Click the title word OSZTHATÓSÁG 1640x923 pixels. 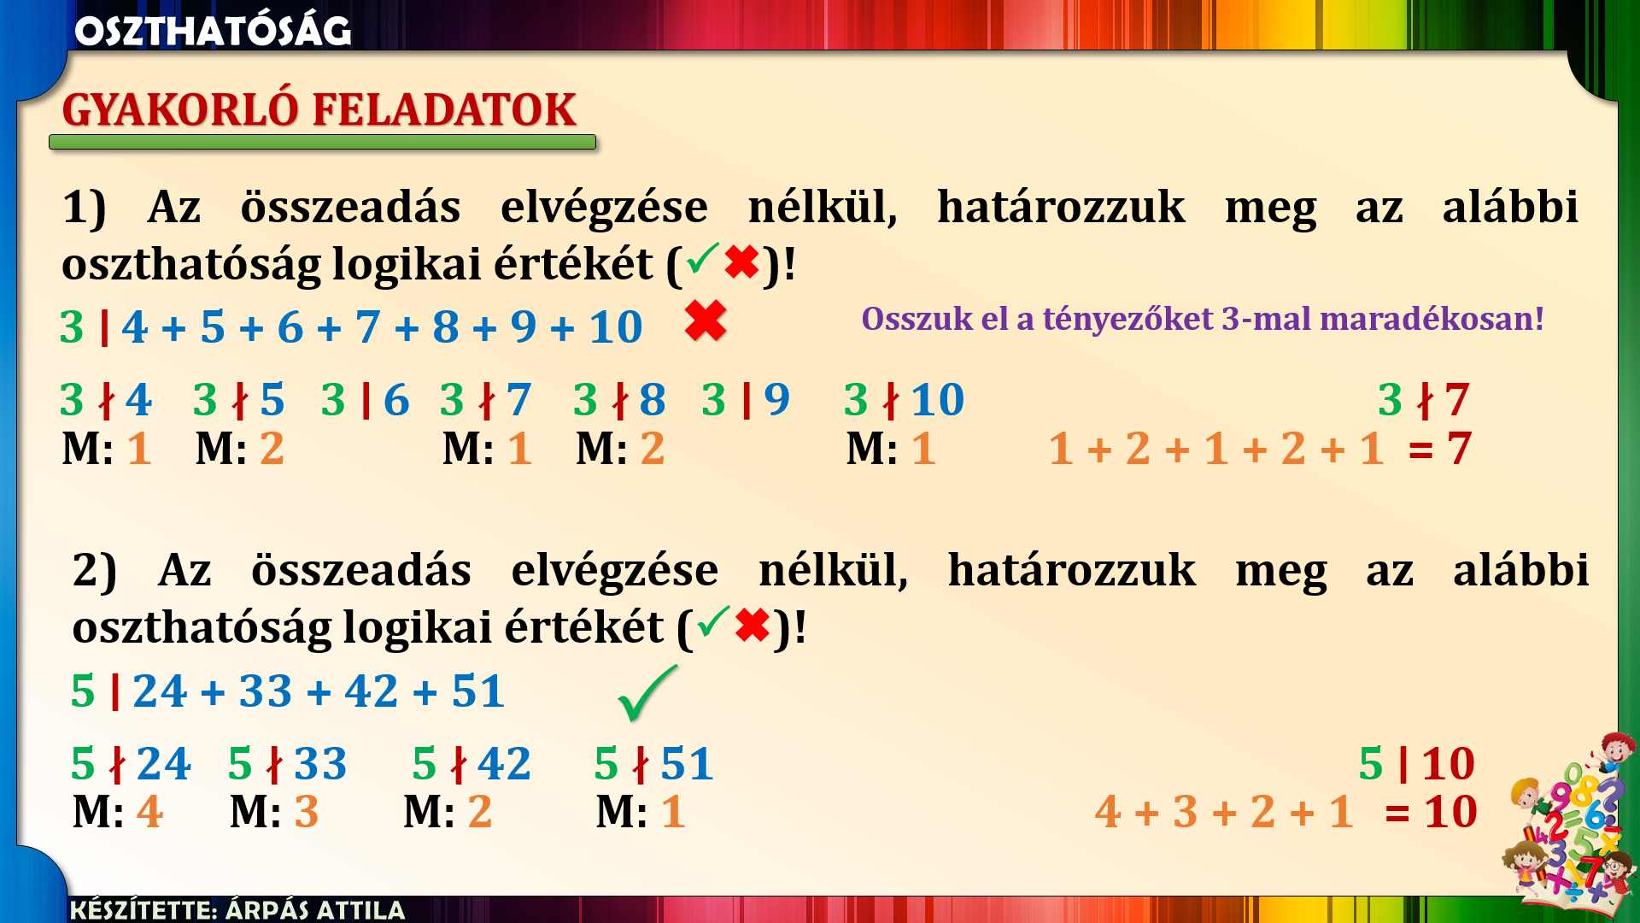point(213,31)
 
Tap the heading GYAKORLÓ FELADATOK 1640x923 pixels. point(319,109)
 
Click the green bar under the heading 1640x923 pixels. point(323,142)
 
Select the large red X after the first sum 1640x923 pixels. point(706,321)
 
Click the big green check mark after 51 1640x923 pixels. point(647,693)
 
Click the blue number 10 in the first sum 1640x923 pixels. point(615,327)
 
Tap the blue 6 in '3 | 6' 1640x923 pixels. point(396,400)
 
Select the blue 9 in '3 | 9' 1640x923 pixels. point(776,400)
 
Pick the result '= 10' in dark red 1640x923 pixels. point(1431,812)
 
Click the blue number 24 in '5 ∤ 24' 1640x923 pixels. point(164,763)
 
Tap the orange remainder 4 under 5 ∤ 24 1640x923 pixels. point(149,812)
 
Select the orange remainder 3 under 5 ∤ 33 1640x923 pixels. point(307,812)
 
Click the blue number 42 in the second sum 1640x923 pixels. point(372,691)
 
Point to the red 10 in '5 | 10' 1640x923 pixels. point(1449,763)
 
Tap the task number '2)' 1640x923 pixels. point(94,571)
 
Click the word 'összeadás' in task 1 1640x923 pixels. point(350,208)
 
